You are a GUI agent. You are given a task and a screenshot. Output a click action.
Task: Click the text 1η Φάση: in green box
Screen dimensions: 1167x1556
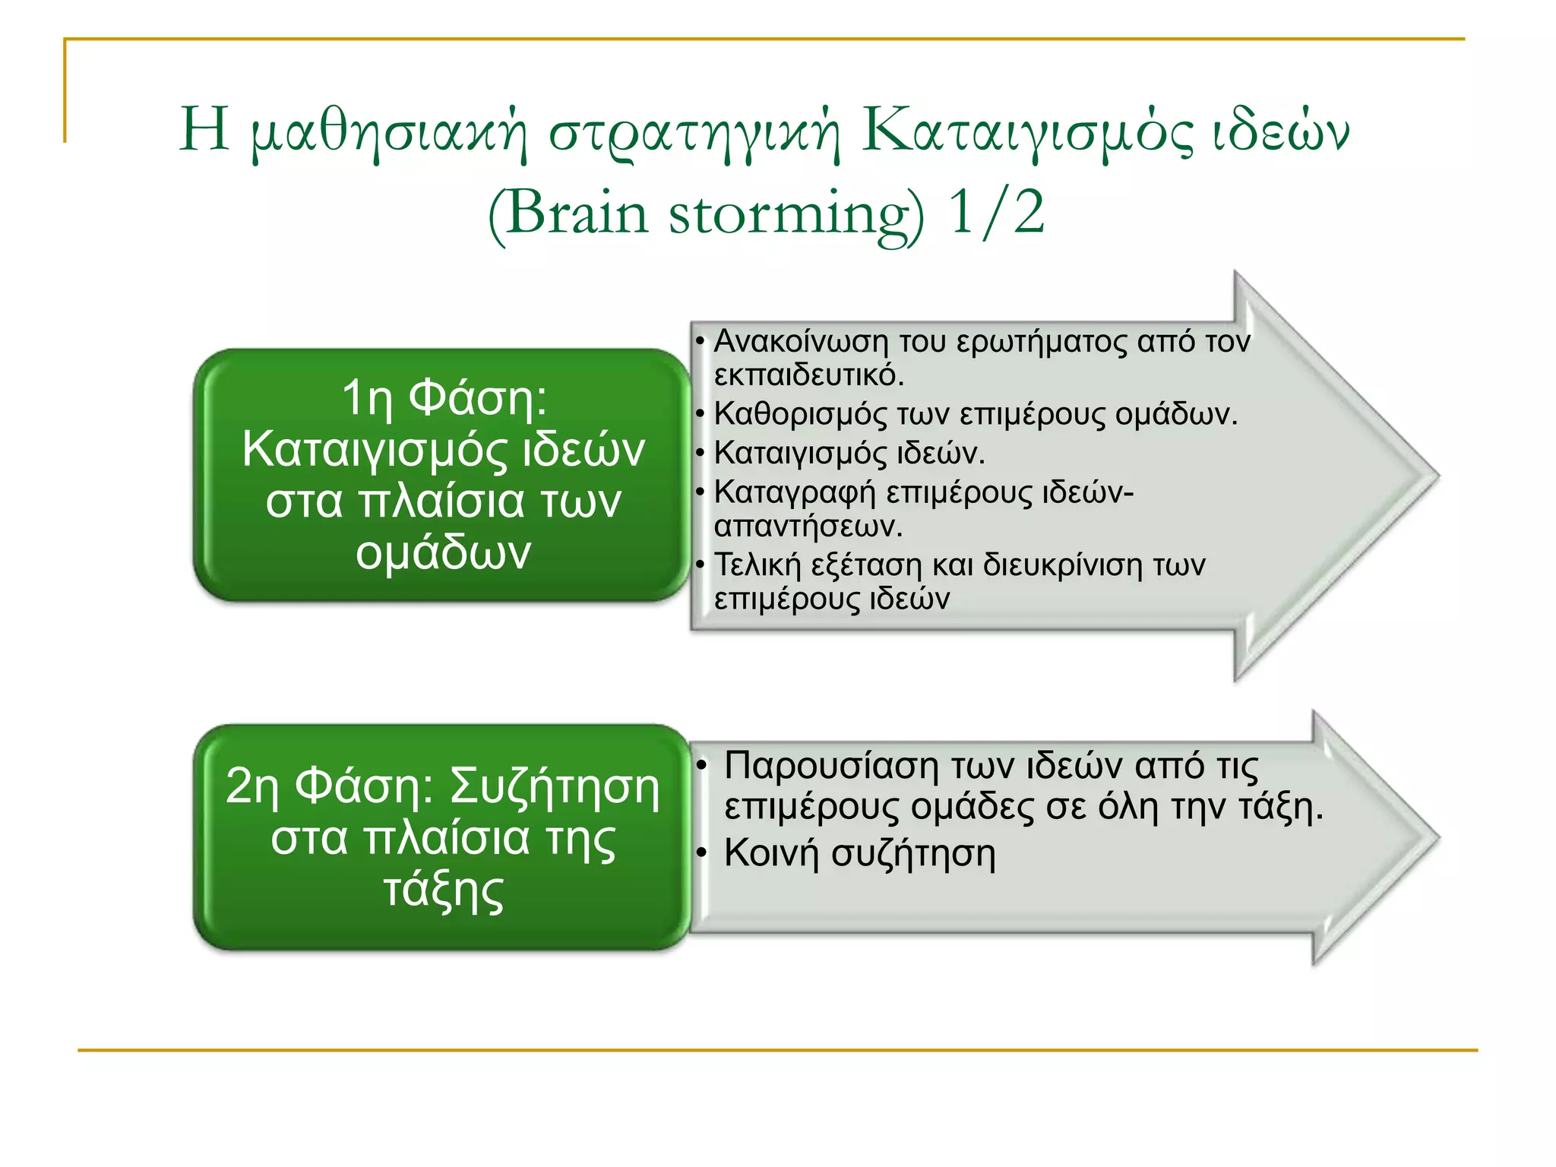pyautogui.click(x=444, y=397)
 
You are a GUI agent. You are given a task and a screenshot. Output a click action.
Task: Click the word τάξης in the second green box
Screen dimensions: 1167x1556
pyautogui.click(x=444, y=890)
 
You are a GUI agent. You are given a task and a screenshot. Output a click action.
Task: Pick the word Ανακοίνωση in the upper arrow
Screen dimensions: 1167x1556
pyautogui.click(x=801, y=341)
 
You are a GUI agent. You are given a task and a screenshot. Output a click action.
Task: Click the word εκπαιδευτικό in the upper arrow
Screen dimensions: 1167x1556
pyautogui.click(x=808, y=375)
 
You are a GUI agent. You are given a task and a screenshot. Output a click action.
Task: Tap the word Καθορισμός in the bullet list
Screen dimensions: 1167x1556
pyautogui.click(x=800, y=414)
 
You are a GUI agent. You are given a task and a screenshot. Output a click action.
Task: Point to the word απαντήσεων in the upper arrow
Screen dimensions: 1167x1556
pyautogui.click(x=808, y=526)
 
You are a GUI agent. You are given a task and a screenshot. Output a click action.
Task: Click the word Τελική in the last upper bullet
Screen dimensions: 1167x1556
pyautogui.click(x=757, y=565)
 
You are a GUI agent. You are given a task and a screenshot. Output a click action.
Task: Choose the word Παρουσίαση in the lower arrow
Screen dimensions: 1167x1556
pyautogui.click(x=831, y=765)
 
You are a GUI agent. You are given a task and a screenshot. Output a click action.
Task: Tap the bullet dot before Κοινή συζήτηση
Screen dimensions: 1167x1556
pyautogui.click(x=703, y=854)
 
